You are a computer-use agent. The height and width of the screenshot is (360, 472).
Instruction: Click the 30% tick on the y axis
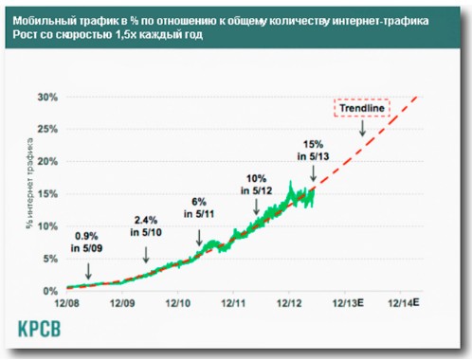pyautogui.click(x=46, y=97)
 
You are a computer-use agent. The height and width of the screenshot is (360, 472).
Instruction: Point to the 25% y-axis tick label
pyautogui.click(x=46, y=129)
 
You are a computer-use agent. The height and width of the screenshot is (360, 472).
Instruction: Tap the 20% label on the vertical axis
pyautogui.click(x=46, y=161)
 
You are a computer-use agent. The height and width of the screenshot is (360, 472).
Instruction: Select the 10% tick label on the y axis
pyautogui.click(x=46, y=225)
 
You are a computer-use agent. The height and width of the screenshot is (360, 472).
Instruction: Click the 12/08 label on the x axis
pyautogui.click(x=69, y=303)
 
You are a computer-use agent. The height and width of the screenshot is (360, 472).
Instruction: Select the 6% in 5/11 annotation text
pyautogui.click(x=198, y=208)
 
